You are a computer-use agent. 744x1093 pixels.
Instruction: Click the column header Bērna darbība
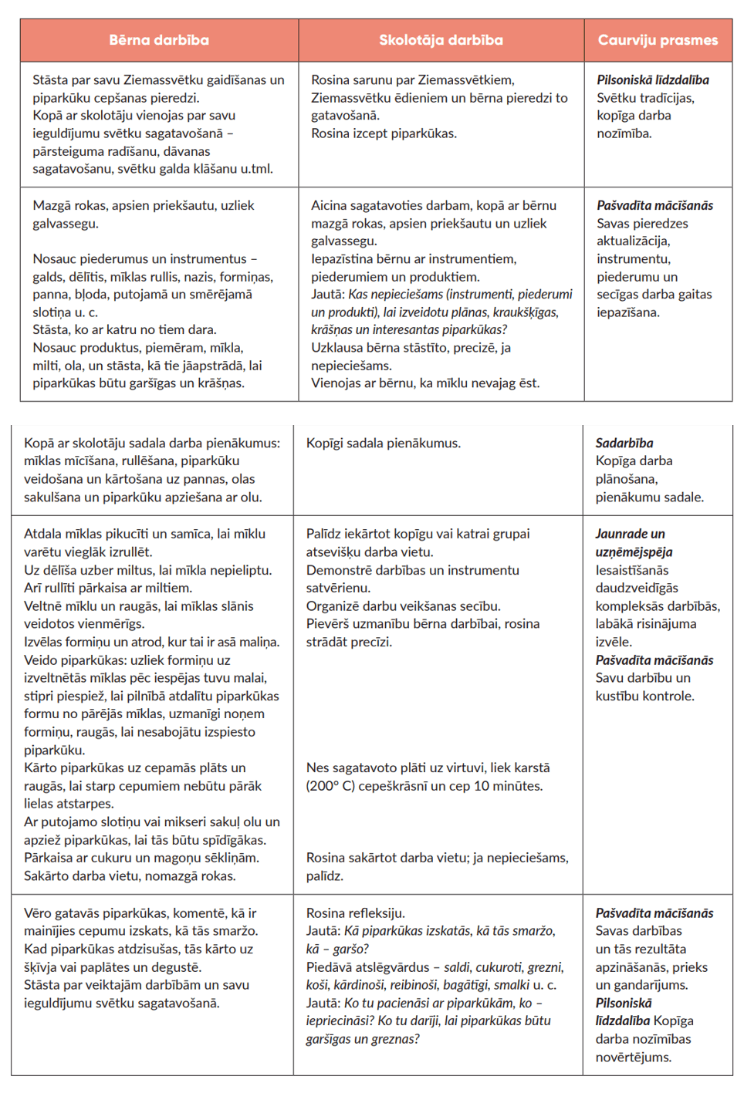[x=159, y=40]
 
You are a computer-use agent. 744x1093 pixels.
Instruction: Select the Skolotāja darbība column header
[x=441, y=40]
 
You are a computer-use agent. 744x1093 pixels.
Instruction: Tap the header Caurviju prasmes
[x=658, y=40]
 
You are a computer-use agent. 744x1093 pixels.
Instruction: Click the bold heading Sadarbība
[x=624, y=443]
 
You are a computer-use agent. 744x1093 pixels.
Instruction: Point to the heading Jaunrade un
[x=630, y=534]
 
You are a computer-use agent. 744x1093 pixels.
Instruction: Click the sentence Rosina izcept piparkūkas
[x=384, y=133]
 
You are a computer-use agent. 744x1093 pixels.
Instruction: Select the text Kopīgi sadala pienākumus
[x=383, y=443]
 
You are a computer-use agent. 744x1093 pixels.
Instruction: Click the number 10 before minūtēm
[x=482, y=786]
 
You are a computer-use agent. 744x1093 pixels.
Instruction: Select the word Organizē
[x=335, y=606]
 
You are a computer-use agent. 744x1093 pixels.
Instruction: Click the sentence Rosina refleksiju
[x=355, y=913]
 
